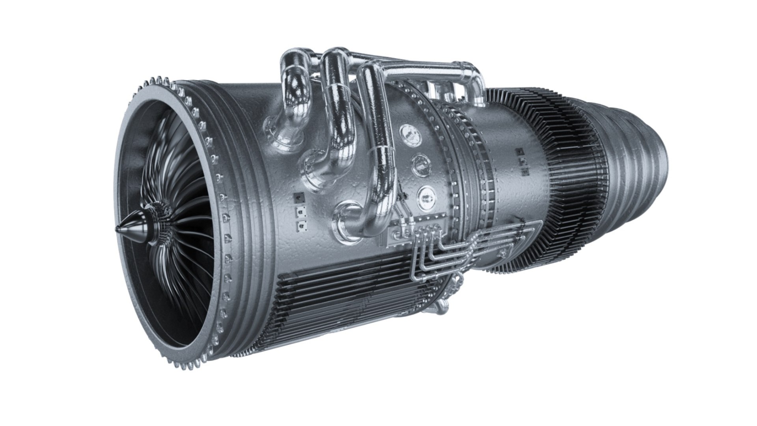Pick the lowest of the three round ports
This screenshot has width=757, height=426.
coord(427,196)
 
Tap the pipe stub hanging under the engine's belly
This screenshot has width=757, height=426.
coord(440,306)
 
